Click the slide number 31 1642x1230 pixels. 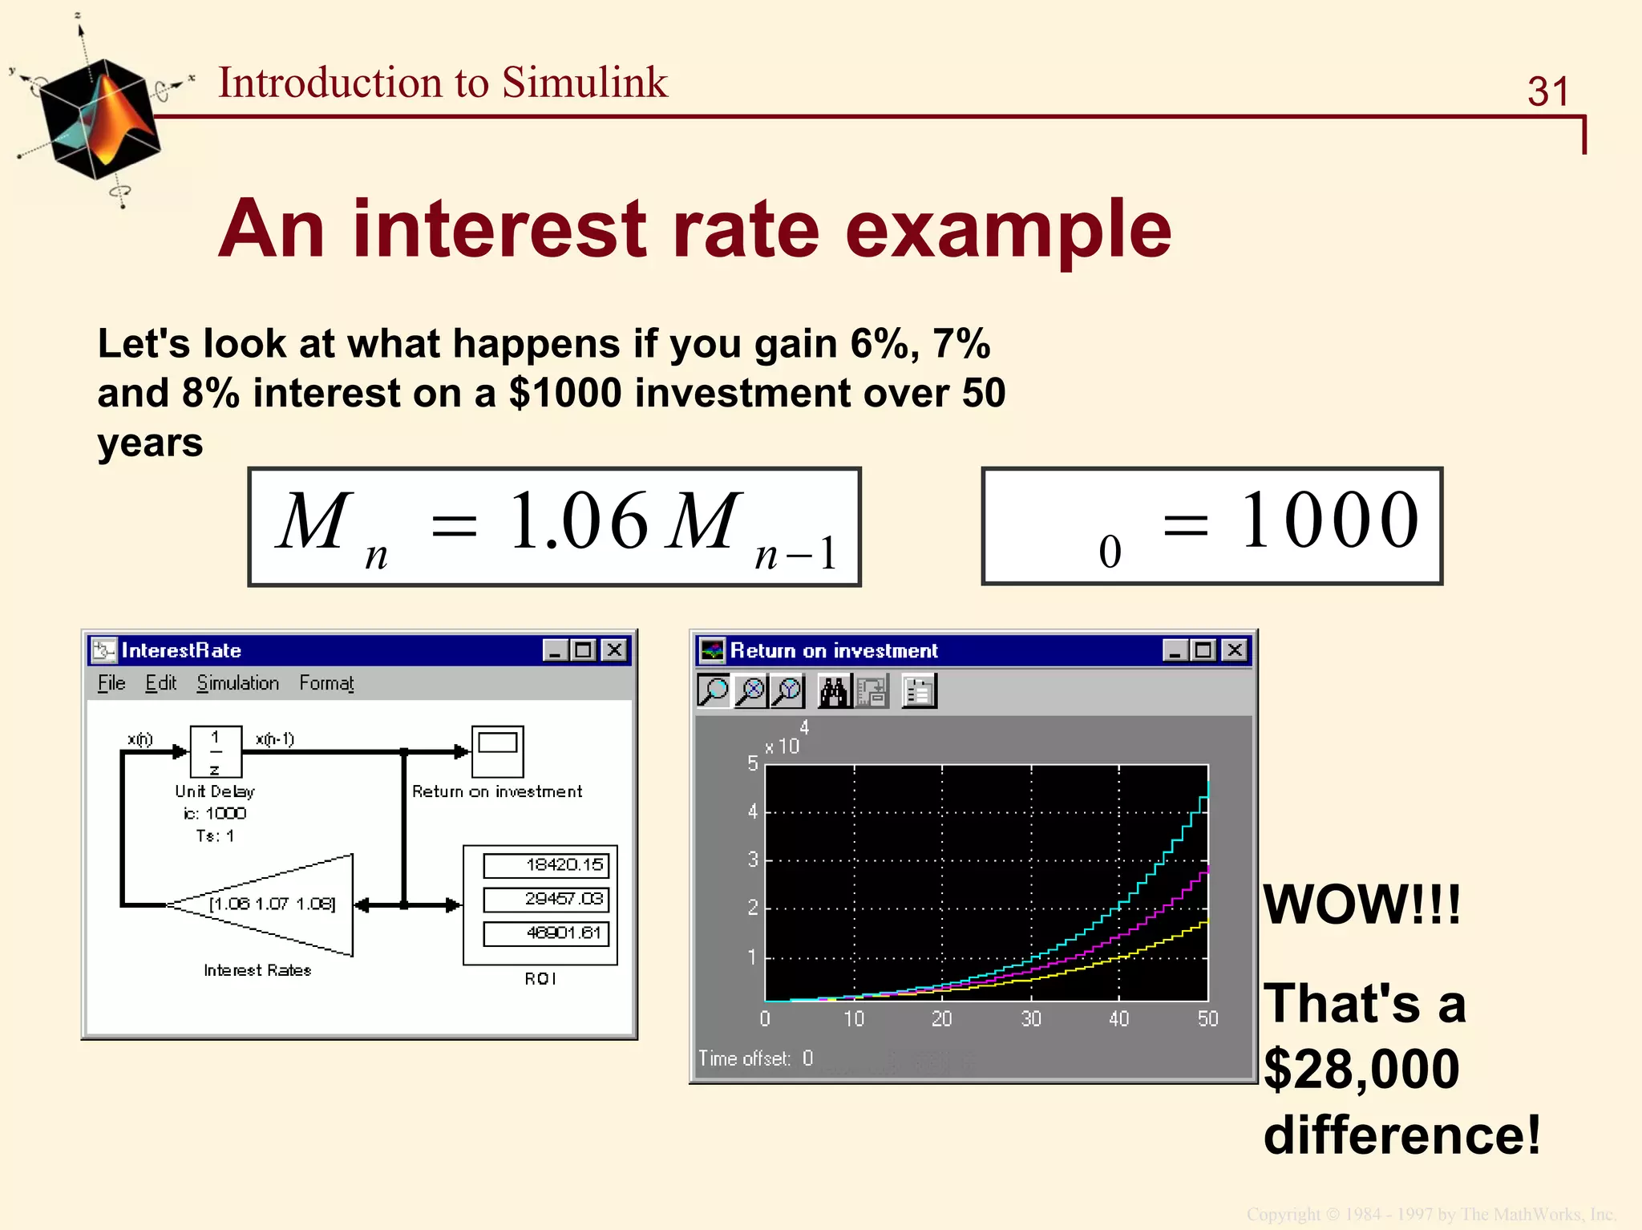[1547, 91]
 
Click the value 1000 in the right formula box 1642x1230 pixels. [1329, 521]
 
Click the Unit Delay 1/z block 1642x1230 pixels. [216, 751]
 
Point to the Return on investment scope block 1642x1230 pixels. [497, 751]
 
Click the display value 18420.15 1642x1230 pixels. [547, 865]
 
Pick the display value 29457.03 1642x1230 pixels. [547, 899]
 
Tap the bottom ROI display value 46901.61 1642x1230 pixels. [547, 933]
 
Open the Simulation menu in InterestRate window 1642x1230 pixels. [237, 683]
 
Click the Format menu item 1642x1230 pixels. [326, 683]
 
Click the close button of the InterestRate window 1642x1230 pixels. [614, 650]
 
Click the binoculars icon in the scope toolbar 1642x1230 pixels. [834, 691]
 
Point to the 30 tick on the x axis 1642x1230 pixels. [1030, 1018]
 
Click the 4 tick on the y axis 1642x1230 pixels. [752, 811]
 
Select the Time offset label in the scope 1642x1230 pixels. [744, 1058]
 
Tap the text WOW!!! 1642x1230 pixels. [1361, 905]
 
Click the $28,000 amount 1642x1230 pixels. [1361, 1070]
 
